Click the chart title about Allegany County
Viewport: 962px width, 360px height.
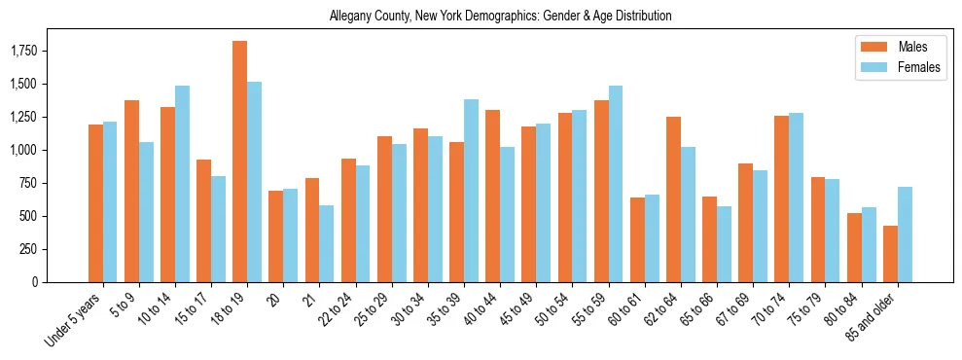click(x=500, y=17)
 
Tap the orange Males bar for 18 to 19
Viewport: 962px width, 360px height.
click(x=239, y=162)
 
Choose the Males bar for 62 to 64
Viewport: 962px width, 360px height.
click(x=673, y=199)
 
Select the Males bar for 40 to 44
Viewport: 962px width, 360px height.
click(x=493, y=196)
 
